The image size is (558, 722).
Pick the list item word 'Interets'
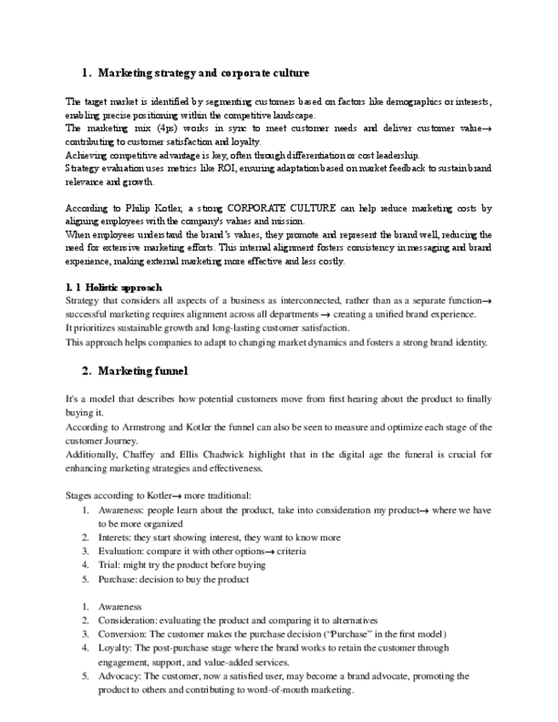point(117,538)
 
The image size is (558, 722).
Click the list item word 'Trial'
point(109,564)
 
